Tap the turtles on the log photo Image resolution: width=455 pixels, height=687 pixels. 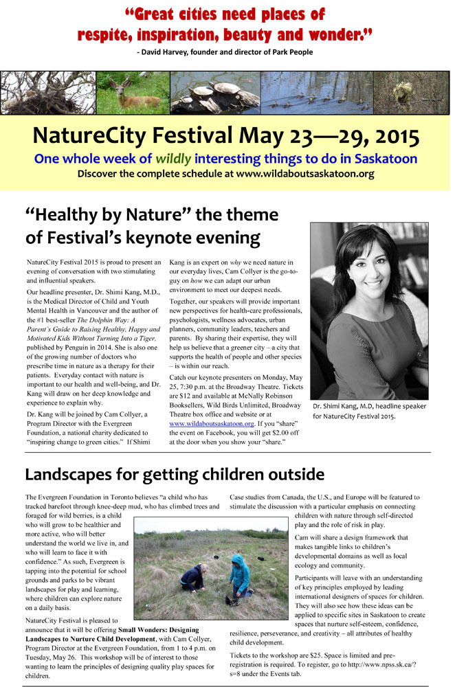click(215, 92)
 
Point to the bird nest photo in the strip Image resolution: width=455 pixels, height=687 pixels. click(47, 92)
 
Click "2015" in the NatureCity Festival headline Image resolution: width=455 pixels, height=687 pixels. click(392, 136)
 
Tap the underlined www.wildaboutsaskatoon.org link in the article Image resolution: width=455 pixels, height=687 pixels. click(206, 424)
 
